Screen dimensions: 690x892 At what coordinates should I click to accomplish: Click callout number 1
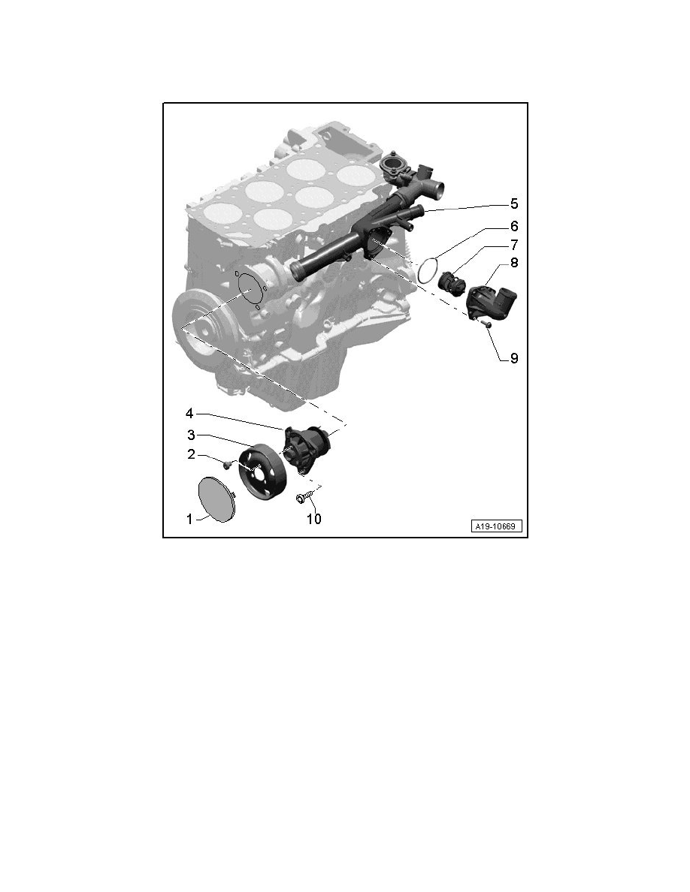pos(189,520)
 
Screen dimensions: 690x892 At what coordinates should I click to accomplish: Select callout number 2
pos(191,454)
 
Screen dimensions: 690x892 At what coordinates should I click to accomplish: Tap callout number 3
pos(191,435)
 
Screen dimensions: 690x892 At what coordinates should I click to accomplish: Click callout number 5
pos(513,203)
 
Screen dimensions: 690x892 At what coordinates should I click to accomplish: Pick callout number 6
pos(513,227)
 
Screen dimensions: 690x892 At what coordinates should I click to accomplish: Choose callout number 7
pos(513,246)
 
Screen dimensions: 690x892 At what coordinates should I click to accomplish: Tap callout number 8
pos(513,263)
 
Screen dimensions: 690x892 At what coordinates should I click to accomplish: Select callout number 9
pos(513,358)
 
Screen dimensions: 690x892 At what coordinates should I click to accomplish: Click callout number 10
pos(313,519)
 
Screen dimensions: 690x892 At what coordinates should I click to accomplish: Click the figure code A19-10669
pos(496,526)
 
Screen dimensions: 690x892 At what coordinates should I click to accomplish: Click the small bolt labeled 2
pos(227,464)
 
